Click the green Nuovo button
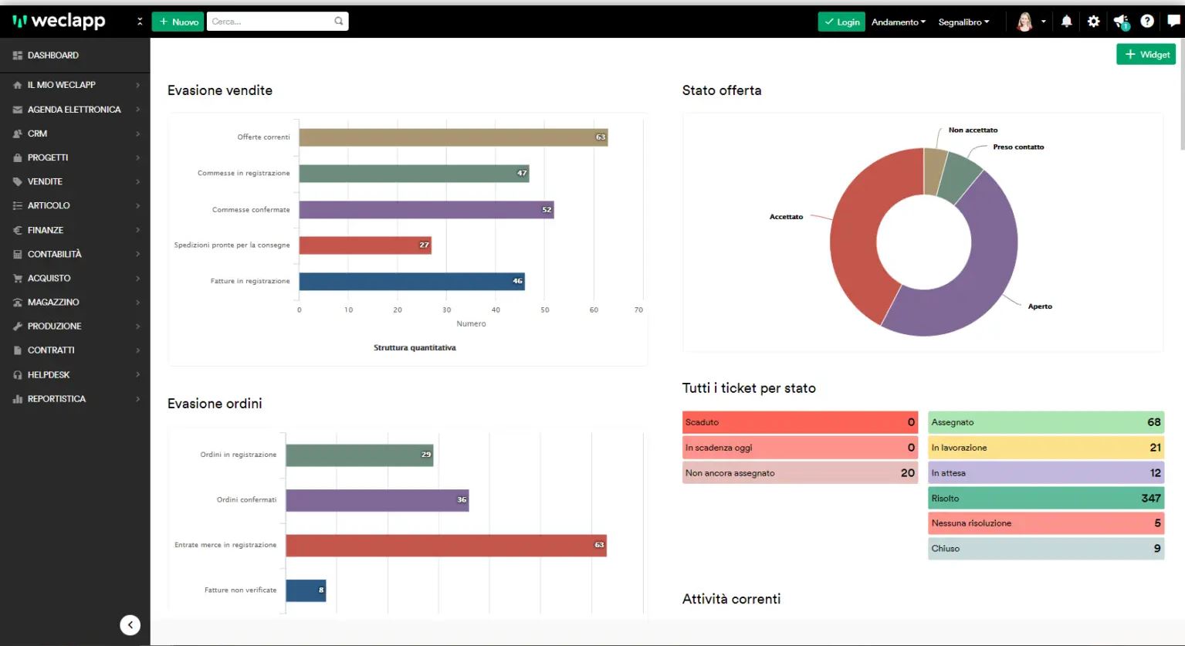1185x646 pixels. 178,22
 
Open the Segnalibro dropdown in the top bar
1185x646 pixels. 963,22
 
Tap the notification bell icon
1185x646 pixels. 1066,22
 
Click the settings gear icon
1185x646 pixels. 1093,22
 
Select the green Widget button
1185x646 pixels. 1146,54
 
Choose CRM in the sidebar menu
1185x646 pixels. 38,134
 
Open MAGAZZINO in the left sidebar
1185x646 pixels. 53,302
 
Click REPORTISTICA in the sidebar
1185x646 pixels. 56,399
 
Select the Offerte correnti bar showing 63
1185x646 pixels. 453,137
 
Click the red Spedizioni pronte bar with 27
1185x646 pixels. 364,245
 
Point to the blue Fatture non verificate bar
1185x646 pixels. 306,590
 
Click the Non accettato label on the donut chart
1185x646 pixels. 973,130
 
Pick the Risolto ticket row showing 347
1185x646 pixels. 1045,498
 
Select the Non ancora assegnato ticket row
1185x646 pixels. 800,473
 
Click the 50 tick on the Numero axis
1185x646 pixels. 545,310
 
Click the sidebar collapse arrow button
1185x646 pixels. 130,625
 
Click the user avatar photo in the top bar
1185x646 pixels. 1024,22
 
